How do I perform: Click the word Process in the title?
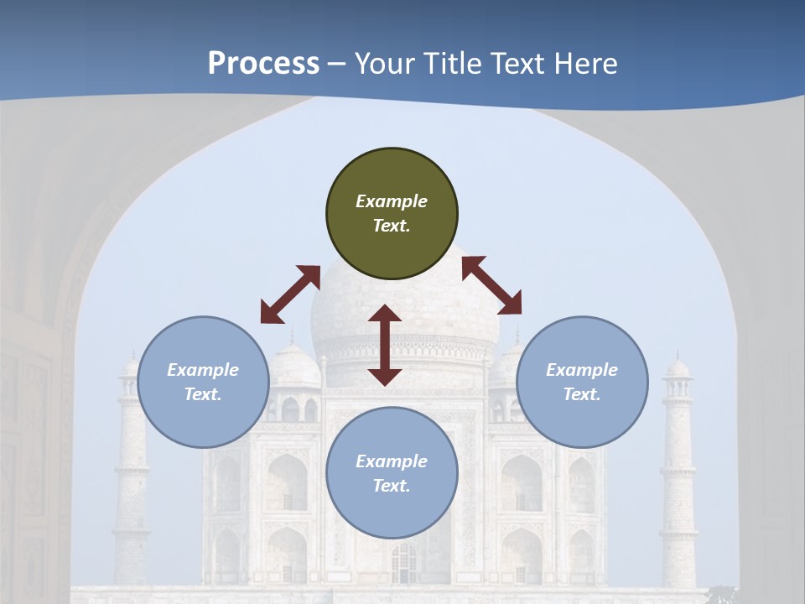[263, 64]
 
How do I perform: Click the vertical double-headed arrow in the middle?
[385, 345]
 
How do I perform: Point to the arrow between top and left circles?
[290, 294]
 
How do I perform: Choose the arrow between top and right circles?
[491, 285]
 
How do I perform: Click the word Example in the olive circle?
[392, 201]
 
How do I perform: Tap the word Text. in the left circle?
[203, 394]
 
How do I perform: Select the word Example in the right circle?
[582, 370]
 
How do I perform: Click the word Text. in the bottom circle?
[392, 486]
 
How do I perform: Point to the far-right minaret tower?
[678, 470]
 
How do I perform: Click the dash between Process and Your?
[337, 64]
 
